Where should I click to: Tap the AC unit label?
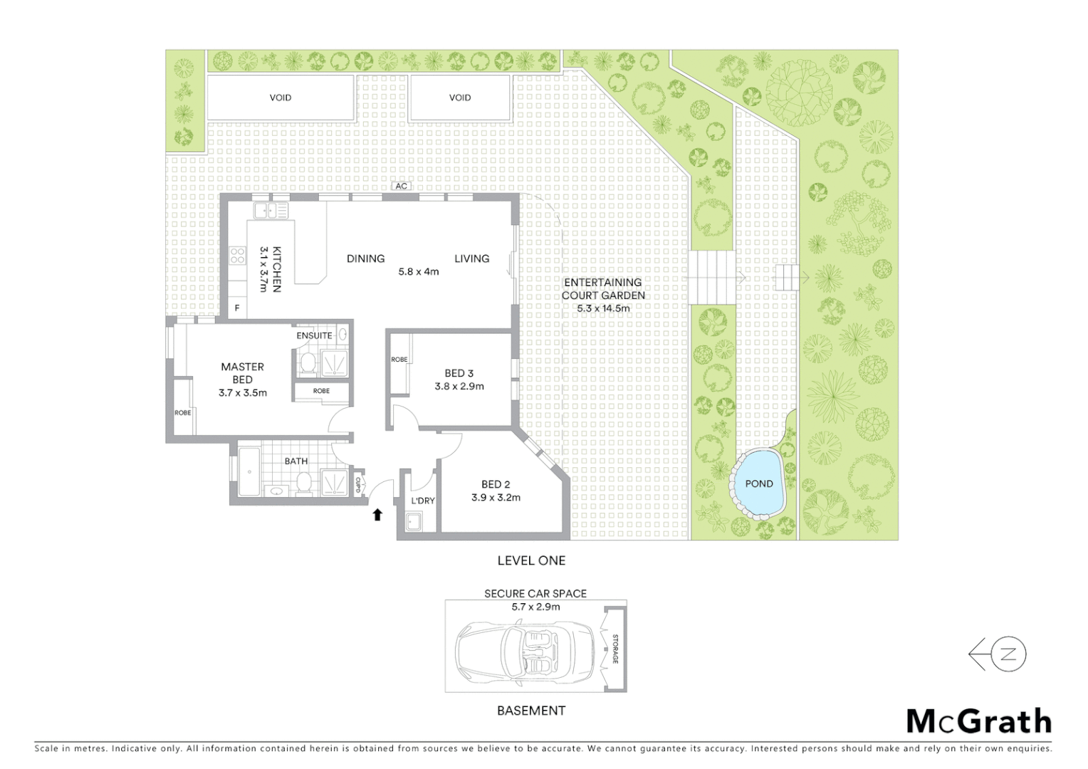point(402,187)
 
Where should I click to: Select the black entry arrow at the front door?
point(377,514)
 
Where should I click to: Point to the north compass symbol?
point(998,654)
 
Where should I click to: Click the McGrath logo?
point(978,721)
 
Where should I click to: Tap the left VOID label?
point(281,98)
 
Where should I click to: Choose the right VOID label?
point(460,98)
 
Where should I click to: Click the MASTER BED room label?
point(242,373)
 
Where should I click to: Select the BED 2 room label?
point(496,484)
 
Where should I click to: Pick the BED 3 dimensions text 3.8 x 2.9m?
point(459,387)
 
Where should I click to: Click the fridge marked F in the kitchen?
point(237,308)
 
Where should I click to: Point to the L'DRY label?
point(422,501)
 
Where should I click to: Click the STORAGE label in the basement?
point(615,649)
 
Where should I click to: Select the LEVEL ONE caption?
point(531,560)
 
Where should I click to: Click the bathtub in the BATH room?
point(249,472)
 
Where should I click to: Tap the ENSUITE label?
point(314,335)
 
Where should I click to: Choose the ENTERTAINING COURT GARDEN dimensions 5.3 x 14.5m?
point(603,308)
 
